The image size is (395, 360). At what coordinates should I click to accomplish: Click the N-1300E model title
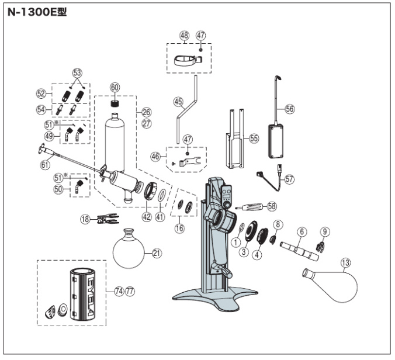point(37,12)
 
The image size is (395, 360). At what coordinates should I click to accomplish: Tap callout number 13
point(346,263)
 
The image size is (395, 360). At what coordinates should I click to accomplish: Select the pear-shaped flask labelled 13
point(330,285)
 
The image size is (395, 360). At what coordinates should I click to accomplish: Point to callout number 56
point(290,109)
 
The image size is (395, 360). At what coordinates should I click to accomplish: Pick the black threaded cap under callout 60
point(115,103)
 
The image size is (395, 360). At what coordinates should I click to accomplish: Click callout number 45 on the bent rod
point(178,102)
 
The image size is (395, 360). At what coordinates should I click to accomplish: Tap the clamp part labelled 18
point(108,219)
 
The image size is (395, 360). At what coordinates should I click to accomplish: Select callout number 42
point(147,217)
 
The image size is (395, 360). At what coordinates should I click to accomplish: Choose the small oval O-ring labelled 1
point(241,227)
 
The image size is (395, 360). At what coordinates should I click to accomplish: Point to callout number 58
point(272,206)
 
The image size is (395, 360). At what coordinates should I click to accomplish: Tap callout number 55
point(254,138)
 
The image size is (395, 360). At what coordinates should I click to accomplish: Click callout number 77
point(130,291)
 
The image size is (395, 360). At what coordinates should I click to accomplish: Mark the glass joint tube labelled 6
point(299,251)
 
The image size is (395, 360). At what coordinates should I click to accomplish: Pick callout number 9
point(325,231)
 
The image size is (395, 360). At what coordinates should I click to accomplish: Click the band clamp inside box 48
point(188,60)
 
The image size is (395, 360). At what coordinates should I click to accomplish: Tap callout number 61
point(46,165)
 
